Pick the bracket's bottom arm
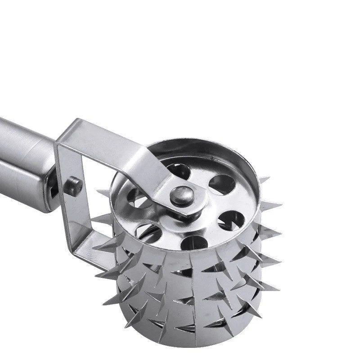click(92, 256)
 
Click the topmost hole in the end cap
click(180, 171)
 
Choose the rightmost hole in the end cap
click(230, 220)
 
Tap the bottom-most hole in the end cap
click(195, 242)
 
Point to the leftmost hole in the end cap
click(135, 198)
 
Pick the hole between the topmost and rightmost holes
click(221, 184)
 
